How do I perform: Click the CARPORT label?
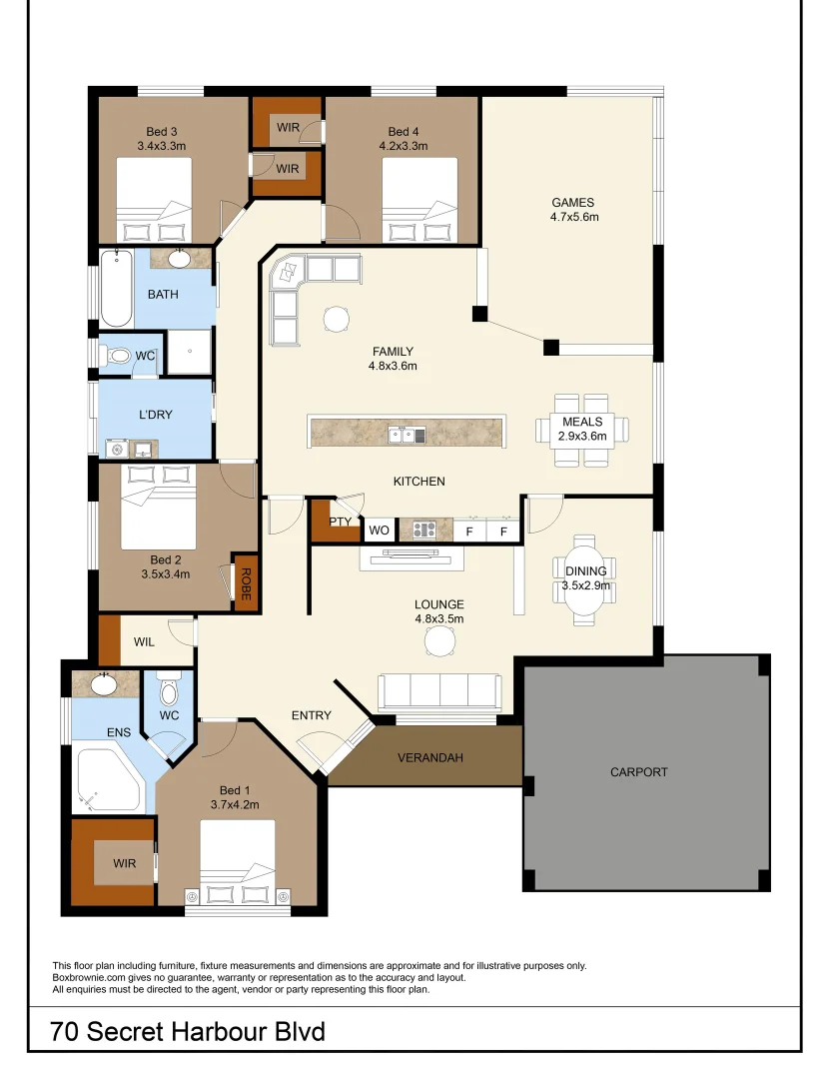coord(639,772)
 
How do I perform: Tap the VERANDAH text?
coord(430,757)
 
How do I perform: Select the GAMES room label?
coord(572,202)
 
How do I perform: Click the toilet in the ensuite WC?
coord(168,691)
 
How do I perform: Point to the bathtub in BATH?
coord(115,290)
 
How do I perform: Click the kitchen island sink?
coord(408,434)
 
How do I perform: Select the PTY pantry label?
coord(341,522)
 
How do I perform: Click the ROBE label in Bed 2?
coord(245,582)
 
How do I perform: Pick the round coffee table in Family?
coord(336,318)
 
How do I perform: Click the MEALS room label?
coord(582,423)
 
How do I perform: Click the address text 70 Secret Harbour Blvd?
coord(189,1031)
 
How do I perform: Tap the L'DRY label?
coord(156,414)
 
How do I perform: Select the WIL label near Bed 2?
coord(144,642)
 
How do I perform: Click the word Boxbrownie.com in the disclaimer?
coord(86,978)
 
